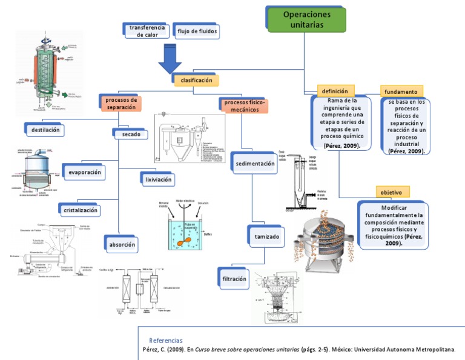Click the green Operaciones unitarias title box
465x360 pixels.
[306, 19]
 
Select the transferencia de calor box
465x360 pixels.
[146, 31]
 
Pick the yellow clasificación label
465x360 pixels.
[195, 81]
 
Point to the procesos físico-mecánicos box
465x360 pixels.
[245, 106]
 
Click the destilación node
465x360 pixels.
[44, 129]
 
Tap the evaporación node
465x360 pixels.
[83, 172]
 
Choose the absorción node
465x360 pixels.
[121, 244]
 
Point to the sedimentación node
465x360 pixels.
[259, 164]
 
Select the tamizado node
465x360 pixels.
[266, 236]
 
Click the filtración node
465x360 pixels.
[234, 279]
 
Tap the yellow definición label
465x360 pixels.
[335, 91]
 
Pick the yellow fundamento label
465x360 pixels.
[401, 92]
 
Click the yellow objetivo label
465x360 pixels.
[392, 192]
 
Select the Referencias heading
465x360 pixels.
[165, 341]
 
